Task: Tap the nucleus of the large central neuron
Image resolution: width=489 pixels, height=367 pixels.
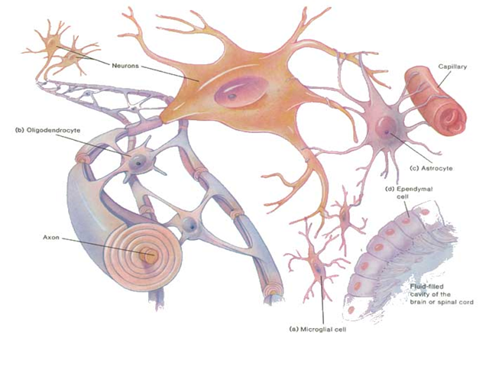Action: click(x=229, y=96)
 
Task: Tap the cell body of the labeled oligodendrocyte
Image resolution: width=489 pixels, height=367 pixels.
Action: click(x=140, y=162)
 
